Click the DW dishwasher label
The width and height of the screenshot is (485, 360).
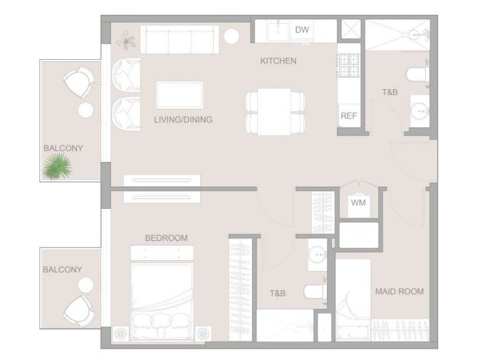click(302, 30)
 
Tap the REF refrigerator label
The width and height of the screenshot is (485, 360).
click(348, 115)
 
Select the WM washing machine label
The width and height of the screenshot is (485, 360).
click(358, 202)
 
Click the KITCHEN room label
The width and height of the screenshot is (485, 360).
click(278, 61)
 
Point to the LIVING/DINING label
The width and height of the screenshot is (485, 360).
click(183, 120)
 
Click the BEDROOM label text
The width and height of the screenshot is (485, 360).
click(167, 237)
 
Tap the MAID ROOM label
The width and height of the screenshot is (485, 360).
click(400, 292)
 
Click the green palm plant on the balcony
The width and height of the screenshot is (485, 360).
click(57, 167)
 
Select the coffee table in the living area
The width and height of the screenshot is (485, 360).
click(179, 95)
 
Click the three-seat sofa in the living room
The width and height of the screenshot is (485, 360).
click(179, 40)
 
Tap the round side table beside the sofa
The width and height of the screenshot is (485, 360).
click(231, 36)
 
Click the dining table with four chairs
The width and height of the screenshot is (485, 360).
click(275, 112)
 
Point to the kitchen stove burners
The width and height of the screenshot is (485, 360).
click(349, 66)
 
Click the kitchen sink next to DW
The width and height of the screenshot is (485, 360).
click(278, 31)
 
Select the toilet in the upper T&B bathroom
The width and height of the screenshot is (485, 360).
click(417, 75)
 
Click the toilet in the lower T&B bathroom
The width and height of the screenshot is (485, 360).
click(315, 292)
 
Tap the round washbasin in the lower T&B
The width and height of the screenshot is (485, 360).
click(318, 254)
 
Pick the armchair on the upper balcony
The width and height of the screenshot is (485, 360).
click(80, 82)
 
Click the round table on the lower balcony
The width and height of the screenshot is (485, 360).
click(85, 284)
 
